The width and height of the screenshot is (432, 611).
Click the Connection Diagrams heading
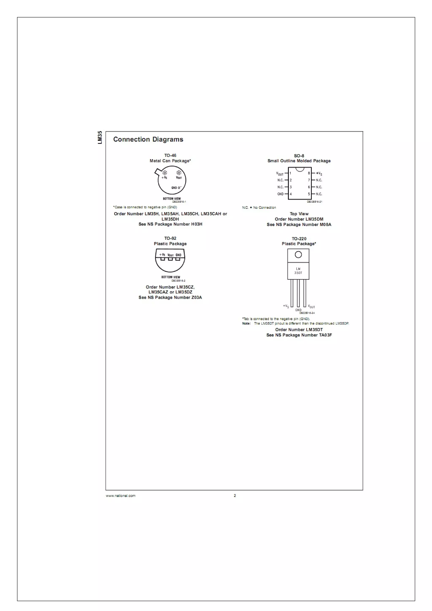click(148, 139)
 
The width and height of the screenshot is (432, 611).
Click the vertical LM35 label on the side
click(100, 138)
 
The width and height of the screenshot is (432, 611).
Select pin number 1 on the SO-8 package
click(290, 173)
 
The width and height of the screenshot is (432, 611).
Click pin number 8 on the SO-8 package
click(309, 173)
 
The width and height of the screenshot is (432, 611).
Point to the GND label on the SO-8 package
click(280, 194)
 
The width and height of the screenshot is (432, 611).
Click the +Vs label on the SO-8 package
click(319, 174)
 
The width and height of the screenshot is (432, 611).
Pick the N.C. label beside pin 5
click(319, 194)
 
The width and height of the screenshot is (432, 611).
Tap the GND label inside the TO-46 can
click(174, 188)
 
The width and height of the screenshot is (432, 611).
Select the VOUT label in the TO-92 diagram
click(170, 255)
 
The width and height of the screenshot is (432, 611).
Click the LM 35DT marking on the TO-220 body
click(298, 271)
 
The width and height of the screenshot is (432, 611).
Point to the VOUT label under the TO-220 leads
click(311, 307)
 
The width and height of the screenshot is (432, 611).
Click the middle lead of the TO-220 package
click(298, 293)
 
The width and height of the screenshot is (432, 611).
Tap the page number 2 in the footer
click(235, 495)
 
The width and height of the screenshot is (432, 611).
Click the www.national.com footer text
click(121, 495)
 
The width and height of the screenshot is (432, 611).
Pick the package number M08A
click(325, 224)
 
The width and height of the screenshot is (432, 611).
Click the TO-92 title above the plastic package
click(170, 238)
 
